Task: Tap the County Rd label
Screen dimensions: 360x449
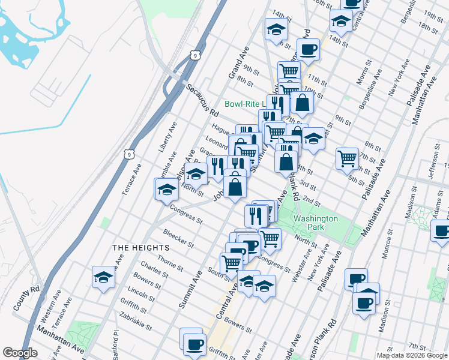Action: coord(26,297)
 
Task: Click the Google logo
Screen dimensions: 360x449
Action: coord(20,353)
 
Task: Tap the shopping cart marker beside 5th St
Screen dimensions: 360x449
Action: coord(348,159)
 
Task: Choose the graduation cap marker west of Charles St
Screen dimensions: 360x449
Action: coord(104,277)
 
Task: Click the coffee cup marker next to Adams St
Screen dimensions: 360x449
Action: coord(441,230)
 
